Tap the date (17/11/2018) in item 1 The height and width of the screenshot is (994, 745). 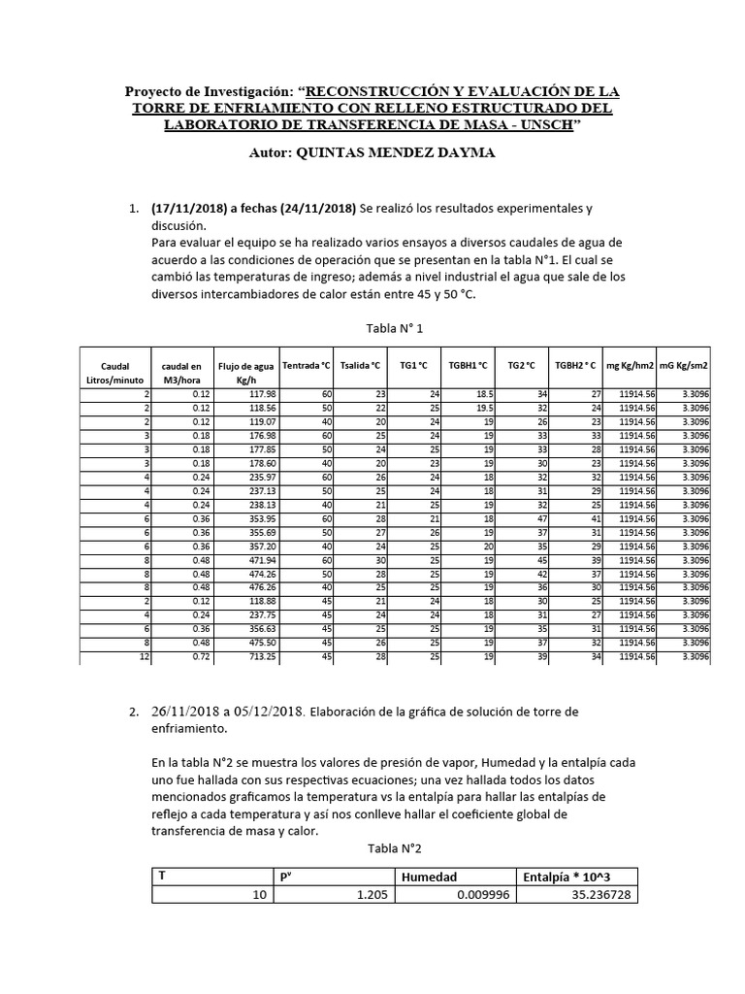click(x=190, y=209)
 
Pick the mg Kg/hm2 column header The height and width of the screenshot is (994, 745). click(x=630, y=366)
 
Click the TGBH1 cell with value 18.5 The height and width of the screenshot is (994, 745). click(x=485, y=393)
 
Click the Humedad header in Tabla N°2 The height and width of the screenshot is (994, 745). click(x=429, y=876)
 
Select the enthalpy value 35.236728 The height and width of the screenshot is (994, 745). click(x=601, y=895)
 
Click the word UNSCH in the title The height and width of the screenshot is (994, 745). click(x=547, y=125)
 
